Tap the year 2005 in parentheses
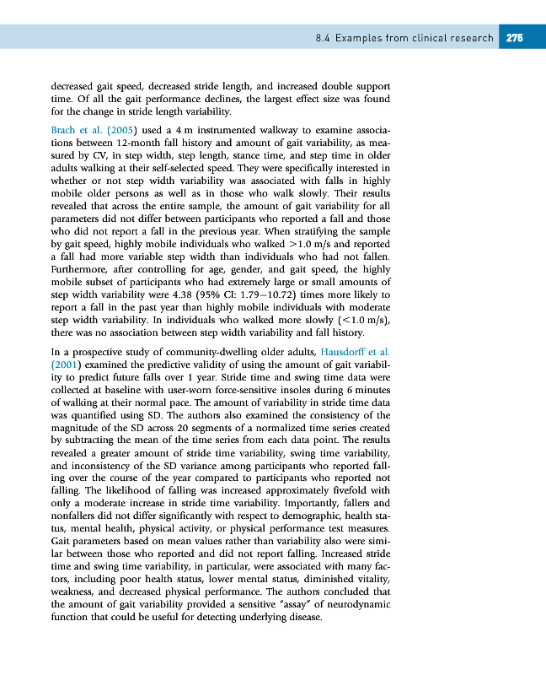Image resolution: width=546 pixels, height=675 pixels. pyautogui.click(x=123, y=132)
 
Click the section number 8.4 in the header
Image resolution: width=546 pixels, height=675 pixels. pyautogui.click(x=320, y=38)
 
